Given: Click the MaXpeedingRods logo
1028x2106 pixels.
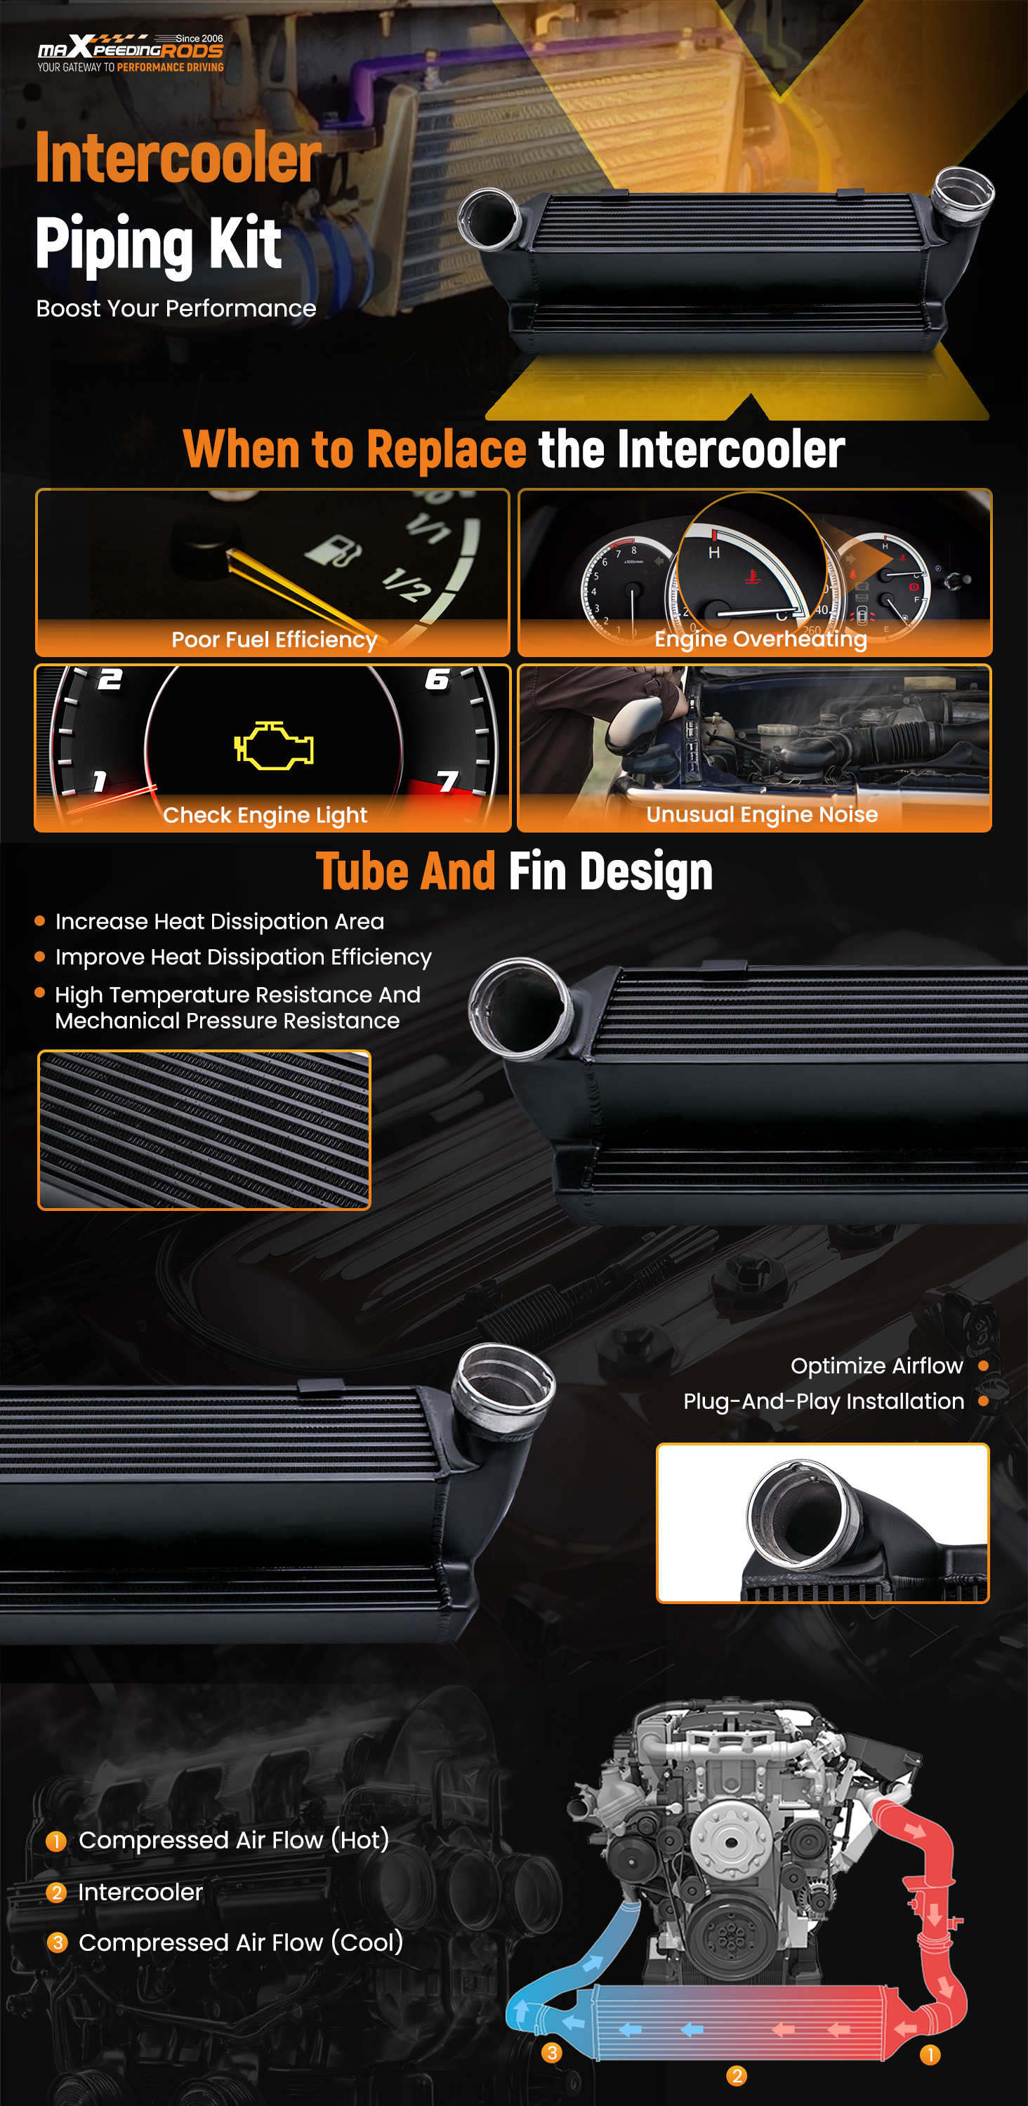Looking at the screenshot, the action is coord(131,53).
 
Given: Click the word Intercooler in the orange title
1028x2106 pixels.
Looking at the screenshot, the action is coord(178,157).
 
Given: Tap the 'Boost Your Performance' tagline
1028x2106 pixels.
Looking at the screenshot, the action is coord(176,308).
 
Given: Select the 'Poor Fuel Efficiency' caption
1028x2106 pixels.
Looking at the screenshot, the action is coord(274,640).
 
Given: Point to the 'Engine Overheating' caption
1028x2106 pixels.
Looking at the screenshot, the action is coord(760,639).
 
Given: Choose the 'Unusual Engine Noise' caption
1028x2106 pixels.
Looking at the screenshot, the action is coord(761,814).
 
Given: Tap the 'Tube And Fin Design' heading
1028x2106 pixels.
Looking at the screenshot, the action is coord(515,870).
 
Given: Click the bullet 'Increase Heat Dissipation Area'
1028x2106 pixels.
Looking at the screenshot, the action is coord(219,921).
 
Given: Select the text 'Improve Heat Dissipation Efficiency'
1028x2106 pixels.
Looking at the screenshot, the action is coord(243,957).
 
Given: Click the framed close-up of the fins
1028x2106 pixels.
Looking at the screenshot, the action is coord(204,1130).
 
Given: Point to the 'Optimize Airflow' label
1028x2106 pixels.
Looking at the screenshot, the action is coord(877,1365).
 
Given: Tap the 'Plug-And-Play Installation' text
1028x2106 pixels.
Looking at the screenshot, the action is coord(824,1401).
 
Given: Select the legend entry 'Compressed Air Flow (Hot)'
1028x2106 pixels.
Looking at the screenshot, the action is coord(233,1841).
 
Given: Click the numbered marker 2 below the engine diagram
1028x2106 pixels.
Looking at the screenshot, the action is coord(736,2076).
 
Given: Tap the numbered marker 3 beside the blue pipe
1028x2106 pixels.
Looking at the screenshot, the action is coord(552,2053).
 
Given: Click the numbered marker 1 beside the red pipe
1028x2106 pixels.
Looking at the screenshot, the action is coord(930,2055).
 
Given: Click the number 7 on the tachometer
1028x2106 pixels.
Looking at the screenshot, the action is coord(447,781).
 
